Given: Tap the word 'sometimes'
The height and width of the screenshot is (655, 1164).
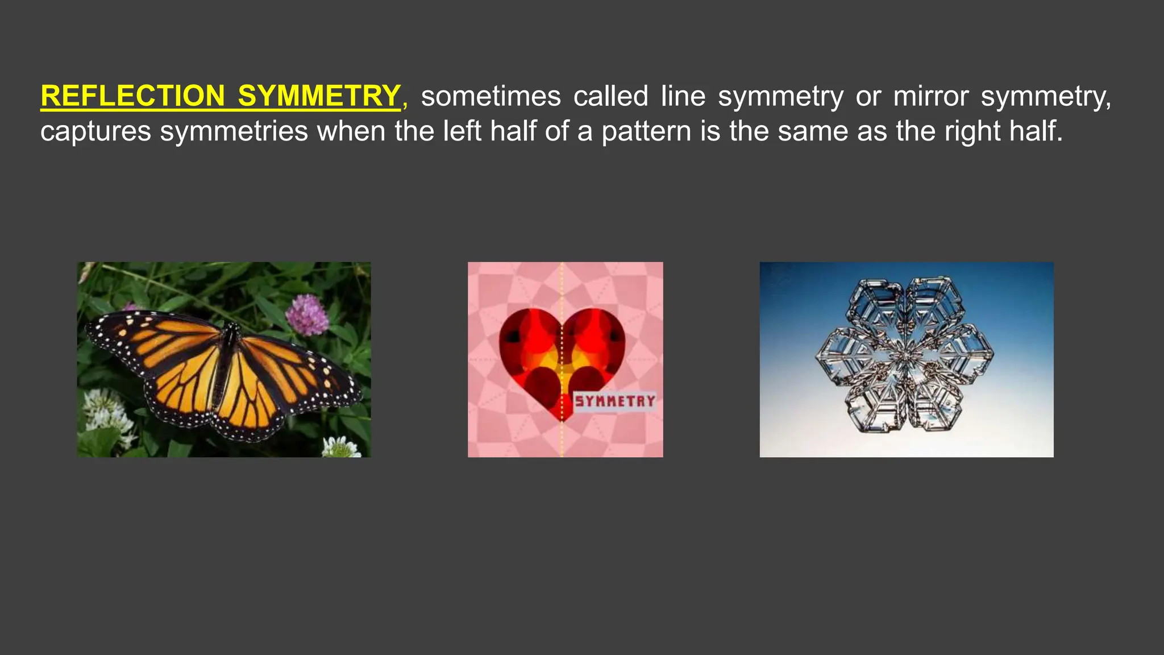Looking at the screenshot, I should point(490,96).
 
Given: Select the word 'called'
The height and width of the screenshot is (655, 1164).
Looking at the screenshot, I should point(610,96).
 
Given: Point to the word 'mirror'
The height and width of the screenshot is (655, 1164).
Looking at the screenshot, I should point(930,96).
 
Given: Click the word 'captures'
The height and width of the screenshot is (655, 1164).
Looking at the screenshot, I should point(95,131).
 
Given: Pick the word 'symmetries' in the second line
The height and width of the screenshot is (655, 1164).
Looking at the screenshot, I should point(233,131).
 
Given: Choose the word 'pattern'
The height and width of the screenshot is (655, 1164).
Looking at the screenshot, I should point(646,131).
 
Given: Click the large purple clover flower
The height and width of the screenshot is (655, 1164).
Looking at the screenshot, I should point(307,314).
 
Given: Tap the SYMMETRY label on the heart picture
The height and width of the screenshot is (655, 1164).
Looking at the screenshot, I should point(615,401).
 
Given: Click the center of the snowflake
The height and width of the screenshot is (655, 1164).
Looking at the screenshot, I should point(904,359).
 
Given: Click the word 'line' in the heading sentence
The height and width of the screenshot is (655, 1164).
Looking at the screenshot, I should point(683,96).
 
